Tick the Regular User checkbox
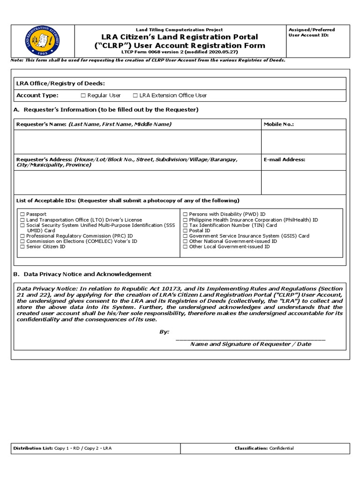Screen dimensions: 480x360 pos(83,96)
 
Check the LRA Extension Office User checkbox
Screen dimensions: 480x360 pos(135,96)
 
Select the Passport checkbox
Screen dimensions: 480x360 pos(22,214)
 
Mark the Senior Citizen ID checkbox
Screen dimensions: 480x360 pos(22,247)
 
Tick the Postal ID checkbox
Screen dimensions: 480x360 pos(185,231)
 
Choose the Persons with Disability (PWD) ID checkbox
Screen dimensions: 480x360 pos(185,214)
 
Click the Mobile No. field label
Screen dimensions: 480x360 pos(278,124)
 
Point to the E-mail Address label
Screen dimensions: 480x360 pos(284,159)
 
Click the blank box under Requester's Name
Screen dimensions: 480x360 pos(137,142)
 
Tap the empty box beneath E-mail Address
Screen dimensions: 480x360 pos(303,182)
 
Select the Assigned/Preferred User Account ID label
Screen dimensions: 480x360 pos(312,32)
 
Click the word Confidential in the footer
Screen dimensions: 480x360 pos(281,449)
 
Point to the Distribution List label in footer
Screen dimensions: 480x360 pos(33,449)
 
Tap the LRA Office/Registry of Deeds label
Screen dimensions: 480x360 pos(60,83)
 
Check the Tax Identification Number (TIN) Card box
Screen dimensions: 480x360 pos(185,225)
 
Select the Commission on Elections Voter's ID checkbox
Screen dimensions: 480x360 pos(22,241)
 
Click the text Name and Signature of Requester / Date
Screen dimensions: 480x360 pos(250,344)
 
